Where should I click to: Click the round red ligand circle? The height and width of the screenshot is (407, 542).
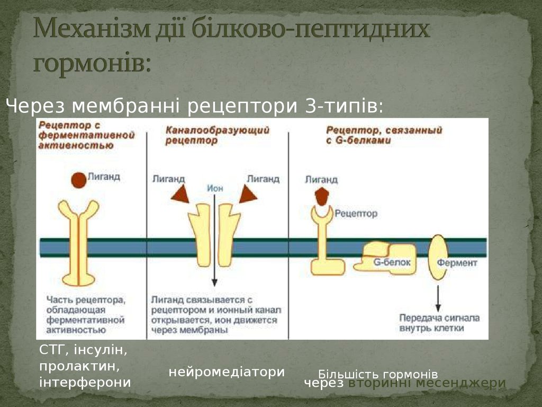pyautogui.click(x=78, y=180)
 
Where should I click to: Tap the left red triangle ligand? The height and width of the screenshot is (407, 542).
pyautogui.click(x=180, y=194)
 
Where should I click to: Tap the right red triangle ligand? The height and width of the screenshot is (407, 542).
pyautogui.click(x=248, y=194)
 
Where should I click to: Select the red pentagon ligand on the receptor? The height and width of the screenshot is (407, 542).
pyautogui.click(x=322, y=197)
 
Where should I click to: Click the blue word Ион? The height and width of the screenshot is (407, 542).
pyautogui.click(x=215, y=188)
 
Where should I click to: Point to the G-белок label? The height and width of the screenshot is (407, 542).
pyautogui.click(x=392, y=262)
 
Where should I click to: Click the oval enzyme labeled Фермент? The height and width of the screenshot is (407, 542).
pyautogui.click(x=438, y=257)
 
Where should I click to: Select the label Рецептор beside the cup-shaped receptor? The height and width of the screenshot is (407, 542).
pyautogui.click(x=356, y=214)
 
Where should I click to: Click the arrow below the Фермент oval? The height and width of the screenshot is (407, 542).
pyautogui.click(x=438, y=298)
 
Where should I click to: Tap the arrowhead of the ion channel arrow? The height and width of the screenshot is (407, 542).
pyautogui.click(x=214, y=282)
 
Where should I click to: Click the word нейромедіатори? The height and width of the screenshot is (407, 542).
pyautogui.click(x=227, y=372)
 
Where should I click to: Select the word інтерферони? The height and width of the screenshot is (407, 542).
pyautogui.click(x=85, y=382)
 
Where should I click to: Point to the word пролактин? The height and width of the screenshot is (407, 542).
pyautogui.click(x=79, y=366)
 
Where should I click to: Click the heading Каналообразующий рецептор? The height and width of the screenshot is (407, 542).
pyautogui.click(x=217, y=135)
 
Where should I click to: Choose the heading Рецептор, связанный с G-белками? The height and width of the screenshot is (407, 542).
pyautogui.click(x=384, y=135)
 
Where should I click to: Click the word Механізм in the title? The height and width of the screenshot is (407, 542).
pyautogui.click(x=92, y=29)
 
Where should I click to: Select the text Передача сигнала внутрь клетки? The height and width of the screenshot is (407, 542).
pyautogui.click(x=439, y=323)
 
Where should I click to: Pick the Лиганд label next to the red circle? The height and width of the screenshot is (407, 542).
pyautogui.click(x=104, y=176)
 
